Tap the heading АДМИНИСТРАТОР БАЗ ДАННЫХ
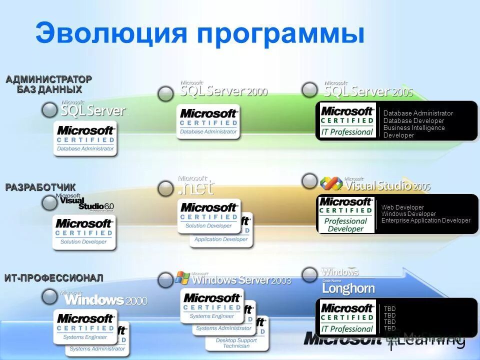pos(48,84)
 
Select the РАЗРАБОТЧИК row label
pos(40,187)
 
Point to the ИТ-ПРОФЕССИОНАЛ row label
pos(54,278)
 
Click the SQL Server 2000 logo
pos(223,90)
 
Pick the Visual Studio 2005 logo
pos(375,184)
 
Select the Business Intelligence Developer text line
pos(413,131)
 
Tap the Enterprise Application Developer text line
pos(425,220)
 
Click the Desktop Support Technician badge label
pos(236,342)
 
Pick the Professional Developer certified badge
pos(346,214)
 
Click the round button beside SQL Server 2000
pos(165,93)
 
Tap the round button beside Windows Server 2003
pos(165,280)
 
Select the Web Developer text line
pos(402,207)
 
